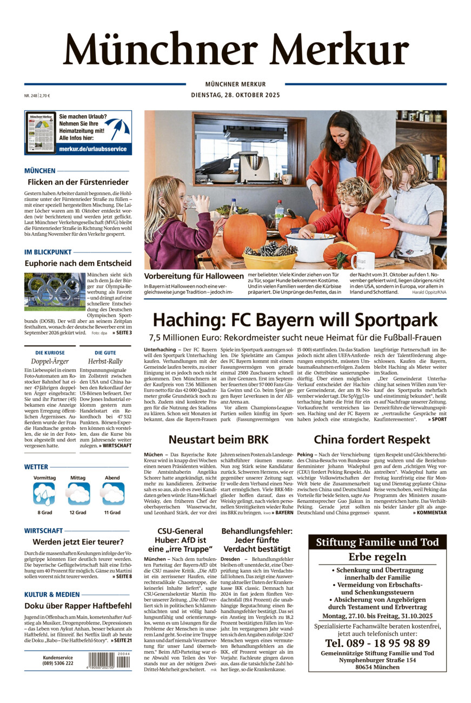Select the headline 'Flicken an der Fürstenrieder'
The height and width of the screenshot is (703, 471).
(x=78, y=182)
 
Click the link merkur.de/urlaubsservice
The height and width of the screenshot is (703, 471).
(x=93, y=149)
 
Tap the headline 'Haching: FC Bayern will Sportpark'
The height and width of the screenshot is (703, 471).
(x=295, y=320)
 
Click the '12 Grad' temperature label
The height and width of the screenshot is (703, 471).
(x=77, y=512)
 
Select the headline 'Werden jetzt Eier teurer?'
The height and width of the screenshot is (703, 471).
(x=78, y=541)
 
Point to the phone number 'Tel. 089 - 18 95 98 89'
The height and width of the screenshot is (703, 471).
(x=377, y=643)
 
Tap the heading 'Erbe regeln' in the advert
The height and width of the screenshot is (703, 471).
(x=377, y=557)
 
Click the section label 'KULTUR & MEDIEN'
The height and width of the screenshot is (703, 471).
(x=51, y=594)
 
